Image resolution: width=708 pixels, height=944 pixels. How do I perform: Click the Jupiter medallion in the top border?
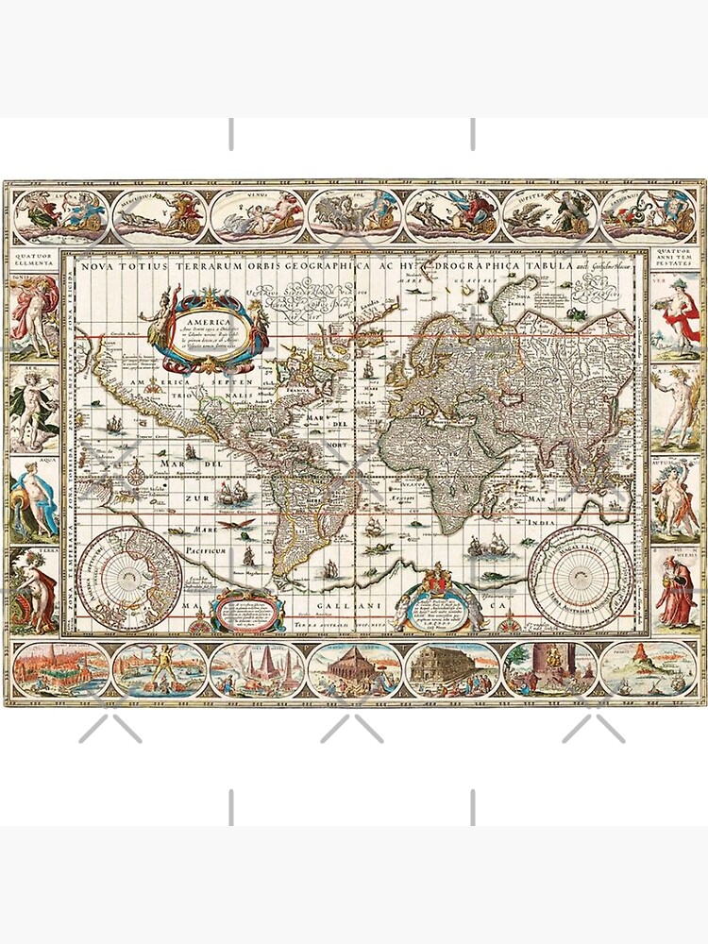pyautogui.click(x=548, y=214)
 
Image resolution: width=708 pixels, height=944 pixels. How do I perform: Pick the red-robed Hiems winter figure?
pyautogui.click(x=678, y=590)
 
